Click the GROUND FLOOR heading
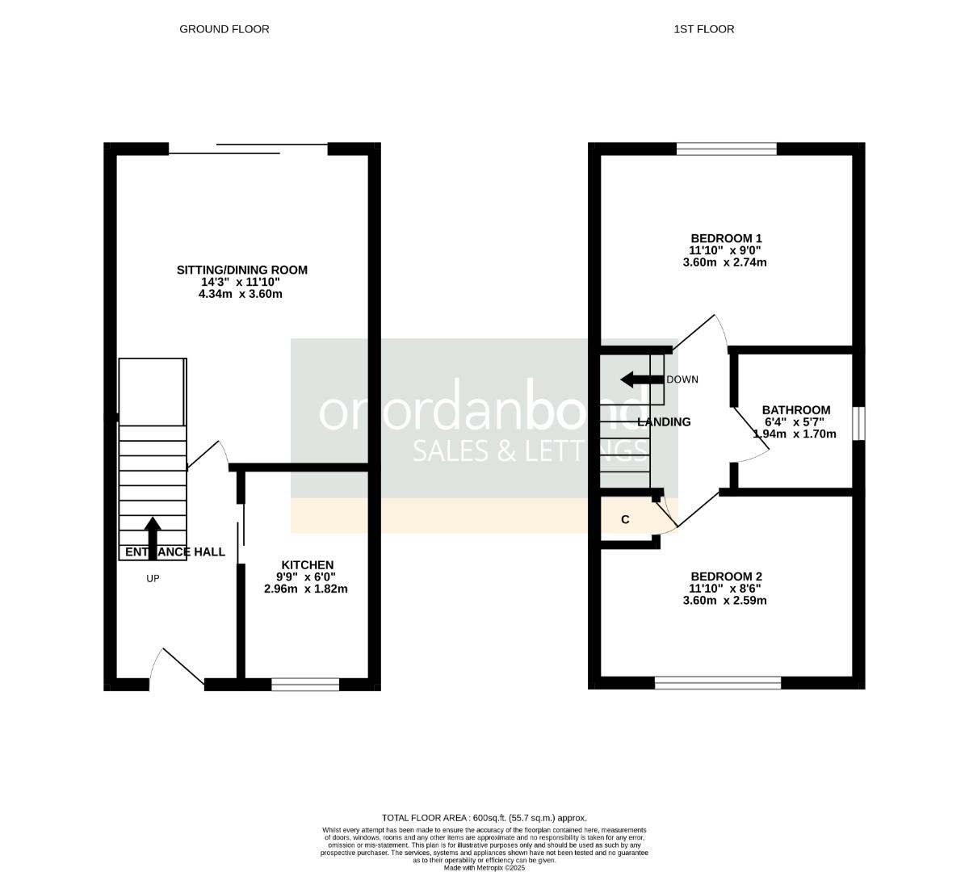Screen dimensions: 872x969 224,29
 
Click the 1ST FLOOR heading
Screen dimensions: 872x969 703,29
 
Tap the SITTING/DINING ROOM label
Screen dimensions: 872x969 241,270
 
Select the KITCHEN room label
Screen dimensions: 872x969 307,564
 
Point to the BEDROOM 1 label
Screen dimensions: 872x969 725,238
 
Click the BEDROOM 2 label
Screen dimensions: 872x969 725,576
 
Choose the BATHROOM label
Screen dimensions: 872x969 795,410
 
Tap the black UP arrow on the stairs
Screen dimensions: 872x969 152,534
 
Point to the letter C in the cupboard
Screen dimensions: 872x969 625,520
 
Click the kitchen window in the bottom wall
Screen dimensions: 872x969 305,685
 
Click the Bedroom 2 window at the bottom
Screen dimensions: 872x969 718,683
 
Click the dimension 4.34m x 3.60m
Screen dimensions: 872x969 240,294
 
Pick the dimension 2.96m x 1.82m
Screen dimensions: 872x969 305,589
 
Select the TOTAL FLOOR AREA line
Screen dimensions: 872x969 484,818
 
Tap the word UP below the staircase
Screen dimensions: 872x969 153,578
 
